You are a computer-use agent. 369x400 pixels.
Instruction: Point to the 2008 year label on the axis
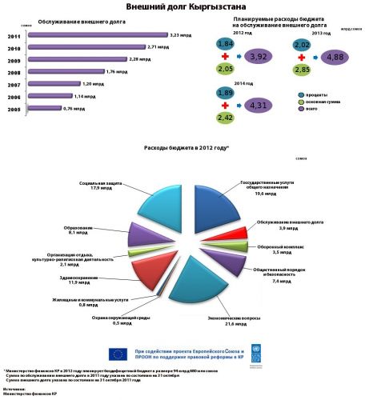pyautogui.click(x=14, y=71)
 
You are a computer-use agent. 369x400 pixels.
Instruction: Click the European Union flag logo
pyautogui.click(x=118, y=354)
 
